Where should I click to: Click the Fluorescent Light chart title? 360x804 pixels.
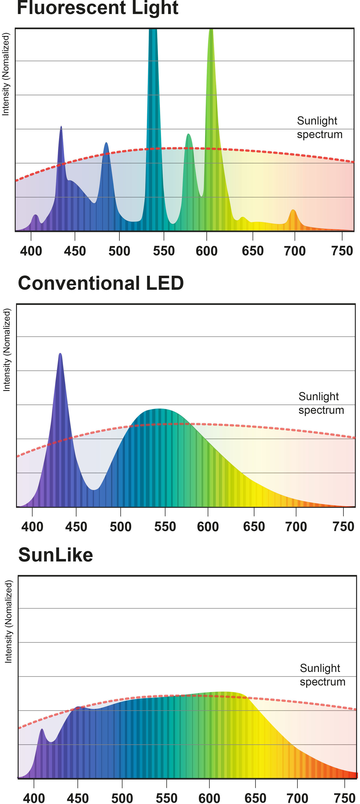(x=97, y=8)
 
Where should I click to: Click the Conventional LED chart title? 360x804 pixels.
(x=101, y=283)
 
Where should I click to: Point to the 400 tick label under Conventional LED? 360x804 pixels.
(x=32, y=526)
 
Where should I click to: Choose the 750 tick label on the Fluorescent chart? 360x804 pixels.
(x=342, y=251)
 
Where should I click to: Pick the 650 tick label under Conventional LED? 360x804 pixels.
(x=254, y=526)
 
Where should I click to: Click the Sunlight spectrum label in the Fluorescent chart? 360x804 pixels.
(x=319, y=127)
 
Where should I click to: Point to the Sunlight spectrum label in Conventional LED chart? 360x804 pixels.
(x=321, y=403)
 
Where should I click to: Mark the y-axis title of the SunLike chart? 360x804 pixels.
(x=8, y=621)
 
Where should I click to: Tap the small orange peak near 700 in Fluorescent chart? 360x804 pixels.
(x=293, y=210)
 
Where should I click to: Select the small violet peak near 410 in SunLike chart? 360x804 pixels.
(x=42, y=729)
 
